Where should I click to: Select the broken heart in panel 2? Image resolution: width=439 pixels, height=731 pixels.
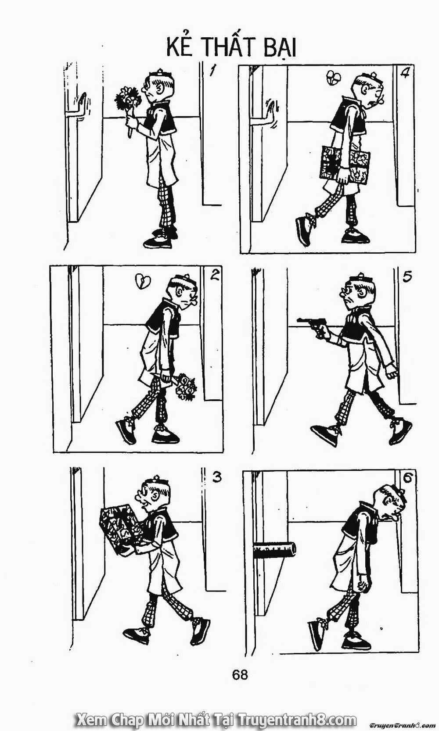coord(143,281)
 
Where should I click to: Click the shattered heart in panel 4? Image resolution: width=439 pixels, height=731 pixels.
coord(333,78)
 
